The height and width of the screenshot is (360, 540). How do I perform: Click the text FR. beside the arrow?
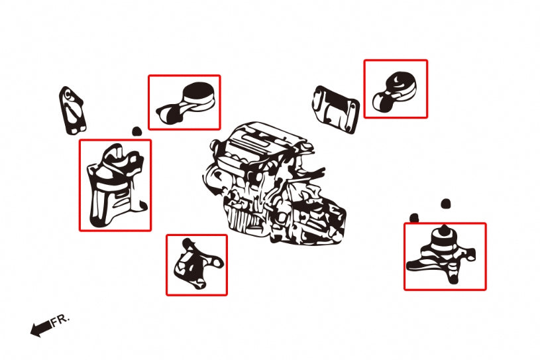[60, 320]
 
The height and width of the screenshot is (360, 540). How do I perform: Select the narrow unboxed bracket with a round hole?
[72, 110]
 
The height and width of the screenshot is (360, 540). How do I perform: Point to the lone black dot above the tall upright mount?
[136, 131]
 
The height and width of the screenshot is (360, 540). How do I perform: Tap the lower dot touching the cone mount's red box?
[414, 218]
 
